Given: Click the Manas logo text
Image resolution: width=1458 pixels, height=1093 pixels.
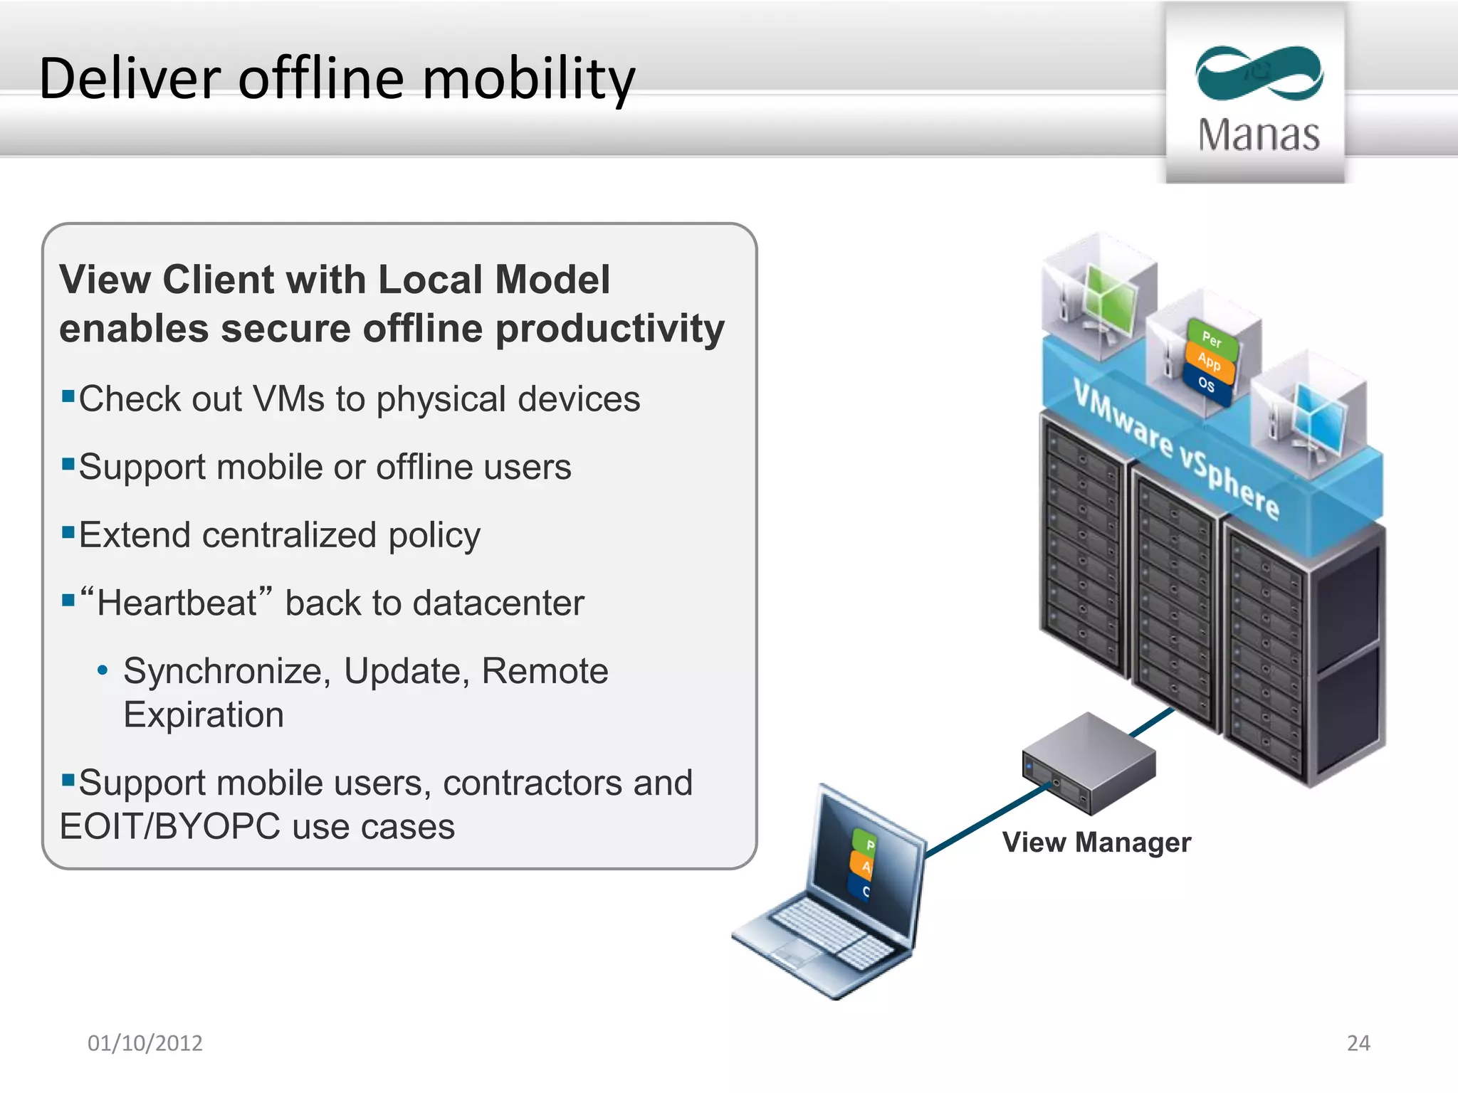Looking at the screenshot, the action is [x=1258, y=135].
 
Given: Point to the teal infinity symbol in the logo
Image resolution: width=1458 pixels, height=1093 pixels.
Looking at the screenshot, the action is [x=1259, y=73].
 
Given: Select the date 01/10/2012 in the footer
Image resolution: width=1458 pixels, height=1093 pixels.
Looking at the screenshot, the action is [x=145, y=1042].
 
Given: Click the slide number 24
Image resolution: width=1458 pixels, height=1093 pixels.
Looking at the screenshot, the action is [x=1358, y=1042].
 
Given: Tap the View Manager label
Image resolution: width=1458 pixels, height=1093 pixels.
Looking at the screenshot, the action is [x=1096, y=843].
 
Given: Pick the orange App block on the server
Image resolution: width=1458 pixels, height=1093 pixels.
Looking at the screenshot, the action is [x=1209, y=361].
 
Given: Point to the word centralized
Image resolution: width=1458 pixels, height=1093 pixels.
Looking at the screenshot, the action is [x=288, y=535].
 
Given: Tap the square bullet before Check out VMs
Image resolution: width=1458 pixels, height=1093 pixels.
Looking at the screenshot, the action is [x=68, y=396].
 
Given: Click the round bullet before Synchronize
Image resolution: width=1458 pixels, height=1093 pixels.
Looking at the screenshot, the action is [x=103, y=670].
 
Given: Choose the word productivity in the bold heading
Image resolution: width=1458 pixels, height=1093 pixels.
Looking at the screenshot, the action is [x=609, y=329].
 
